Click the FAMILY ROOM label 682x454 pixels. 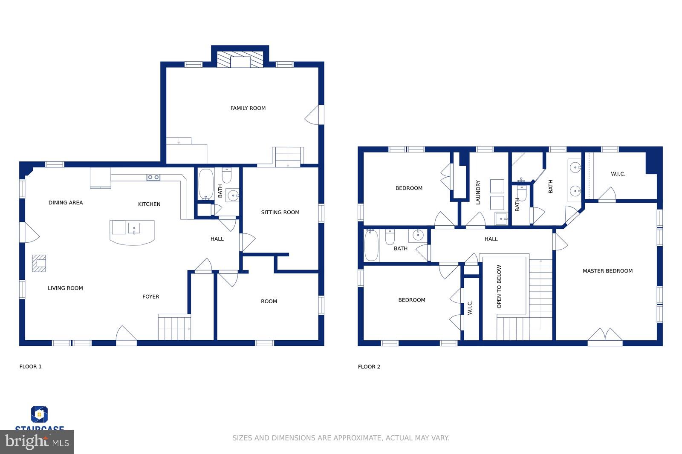[x=248, y=108]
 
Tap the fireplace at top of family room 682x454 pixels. [x=240, y=60]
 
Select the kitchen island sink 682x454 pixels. [x=134, y=229]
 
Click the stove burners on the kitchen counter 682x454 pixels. [x=153, y=177]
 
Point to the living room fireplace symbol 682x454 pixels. [x=39, y=263]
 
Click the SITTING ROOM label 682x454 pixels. [x=280, y=212]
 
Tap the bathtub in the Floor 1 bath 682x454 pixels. [x=206, y=184]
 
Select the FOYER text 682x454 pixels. [x=150, y=296]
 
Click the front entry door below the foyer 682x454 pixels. [x=126, y=335]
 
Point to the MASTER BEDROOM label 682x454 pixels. [x=607, y=271]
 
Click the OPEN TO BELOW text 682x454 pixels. [x=499, y=287]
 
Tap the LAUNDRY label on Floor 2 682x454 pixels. [x=478, y=192]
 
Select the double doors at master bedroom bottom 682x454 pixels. [x=605, y=335]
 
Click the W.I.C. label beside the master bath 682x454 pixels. [x=618, y=174]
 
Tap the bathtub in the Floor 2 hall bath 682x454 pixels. [x=371, y=245]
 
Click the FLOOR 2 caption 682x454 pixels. [x=369, y=367]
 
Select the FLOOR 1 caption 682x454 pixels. [x=30, y=367]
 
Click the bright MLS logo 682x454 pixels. [x=37, y=442]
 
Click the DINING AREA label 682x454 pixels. [x=66, y=203]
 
